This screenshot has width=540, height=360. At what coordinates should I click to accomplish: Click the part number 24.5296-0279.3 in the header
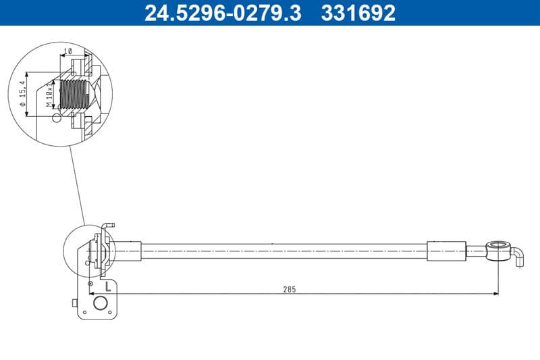tap(223, 13)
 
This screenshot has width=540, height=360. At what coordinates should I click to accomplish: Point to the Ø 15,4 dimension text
tap(22, 94)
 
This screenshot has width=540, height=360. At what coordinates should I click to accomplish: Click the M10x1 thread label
tap(49, 95)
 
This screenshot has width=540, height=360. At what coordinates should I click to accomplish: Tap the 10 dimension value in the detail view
tap(67, 51)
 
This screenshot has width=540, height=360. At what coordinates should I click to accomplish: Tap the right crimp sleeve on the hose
tap(446, 250)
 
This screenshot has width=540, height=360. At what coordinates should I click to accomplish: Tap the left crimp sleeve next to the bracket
tap(128, 250)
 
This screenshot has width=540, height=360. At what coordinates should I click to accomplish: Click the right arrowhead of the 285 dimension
tap(494, 293)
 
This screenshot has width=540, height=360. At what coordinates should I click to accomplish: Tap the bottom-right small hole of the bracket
tap(111, 313)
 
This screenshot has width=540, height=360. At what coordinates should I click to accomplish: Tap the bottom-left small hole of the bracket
tap(85, 313)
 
